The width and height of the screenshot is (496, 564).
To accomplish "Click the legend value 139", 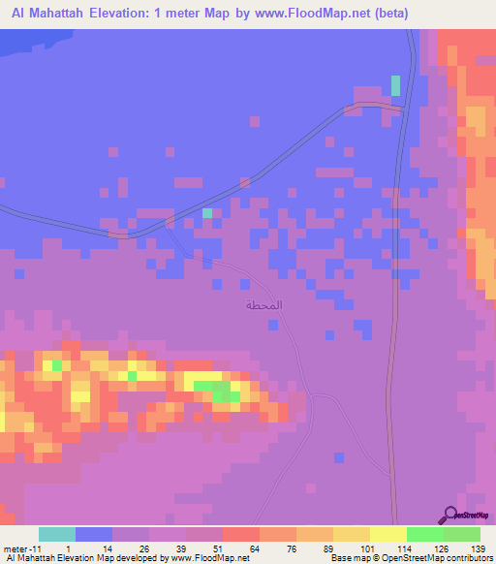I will tap(479, 548).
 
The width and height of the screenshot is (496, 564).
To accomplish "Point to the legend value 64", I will tap(255, 548).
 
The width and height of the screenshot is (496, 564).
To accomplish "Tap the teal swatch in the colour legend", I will tap(57, 534).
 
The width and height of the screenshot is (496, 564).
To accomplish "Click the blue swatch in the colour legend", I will tap(94, 534).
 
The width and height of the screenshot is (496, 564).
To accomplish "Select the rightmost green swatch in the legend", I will tap(462, 534).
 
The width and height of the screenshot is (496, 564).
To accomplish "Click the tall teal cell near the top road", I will tap(395, 85).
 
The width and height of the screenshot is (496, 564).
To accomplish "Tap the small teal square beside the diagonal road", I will tap(206, 213).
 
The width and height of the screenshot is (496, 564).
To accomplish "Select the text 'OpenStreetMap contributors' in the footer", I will tap(432, 558).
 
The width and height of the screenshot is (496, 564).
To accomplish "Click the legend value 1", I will tap(68, 548).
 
